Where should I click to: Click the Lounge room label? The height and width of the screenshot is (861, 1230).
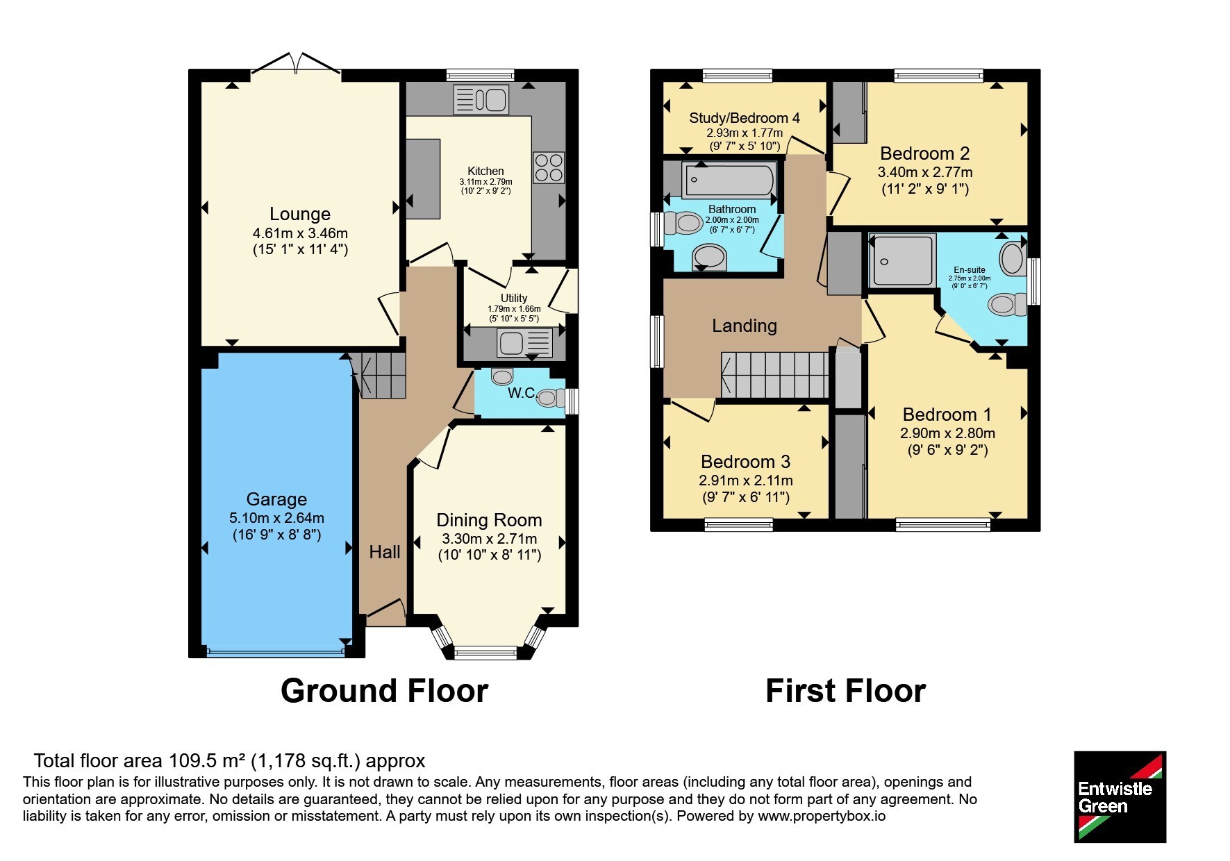click(x=300, y=214)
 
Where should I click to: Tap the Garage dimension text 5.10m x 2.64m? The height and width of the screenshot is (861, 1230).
click(x=276, y=518)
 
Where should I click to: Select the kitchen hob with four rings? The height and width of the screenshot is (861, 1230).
click(x=549, y=167)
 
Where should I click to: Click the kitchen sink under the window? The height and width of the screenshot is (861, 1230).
click(x=481, y=99)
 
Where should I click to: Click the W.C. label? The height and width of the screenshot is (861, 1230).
click(x=522, y=393)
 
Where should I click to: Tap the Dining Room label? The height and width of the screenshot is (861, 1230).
click(x=489, y=520)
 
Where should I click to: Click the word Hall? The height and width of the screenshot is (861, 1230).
click(x=385, y=552)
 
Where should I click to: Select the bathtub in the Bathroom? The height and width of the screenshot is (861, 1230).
click(x=729, y=181)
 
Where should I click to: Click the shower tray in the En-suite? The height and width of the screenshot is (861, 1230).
click(x=903, y=261)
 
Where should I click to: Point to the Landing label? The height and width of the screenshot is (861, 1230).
click(x=745, y=326)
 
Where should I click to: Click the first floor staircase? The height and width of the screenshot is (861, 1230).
click(x=775, y=375)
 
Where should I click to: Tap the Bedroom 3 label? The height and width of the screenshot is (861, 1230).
click(x=746, y=462)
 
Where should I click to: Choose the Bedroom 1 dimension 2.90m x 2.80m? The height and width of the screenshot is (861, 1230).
click(x=947, y=433)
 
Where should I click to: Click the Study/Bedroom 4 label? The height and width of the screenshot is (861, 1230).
click(x=745, y=118)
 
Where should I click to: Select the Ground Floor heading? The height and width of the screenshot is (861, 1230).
click(x=384, y=691)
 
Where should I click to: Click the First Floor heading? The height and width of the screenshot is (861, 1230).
click(x=845, y=691)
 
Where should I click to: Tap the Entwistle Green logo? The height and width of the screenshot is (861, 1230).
click(x=1120, y=797)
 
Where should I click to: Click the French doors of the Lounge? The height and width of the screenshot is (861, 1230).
click(x=296, y=62)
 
